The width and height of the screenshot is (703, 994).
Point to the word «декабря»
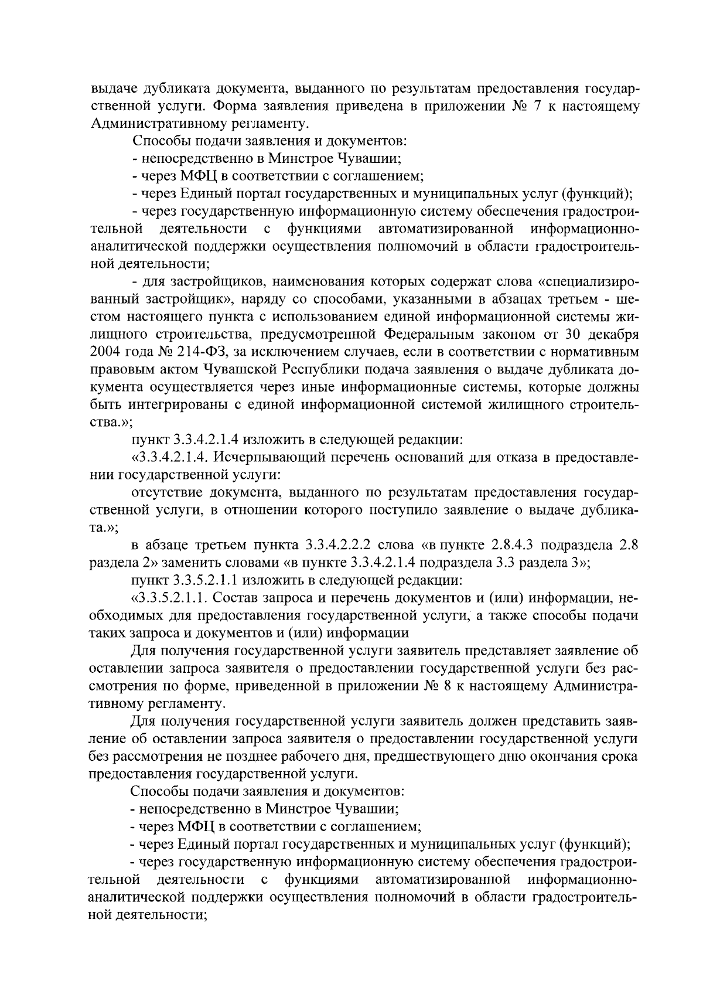click(x=612, y=335)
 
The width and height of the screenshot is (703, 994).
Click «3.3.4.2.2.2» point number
click(x=340, y=546)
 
